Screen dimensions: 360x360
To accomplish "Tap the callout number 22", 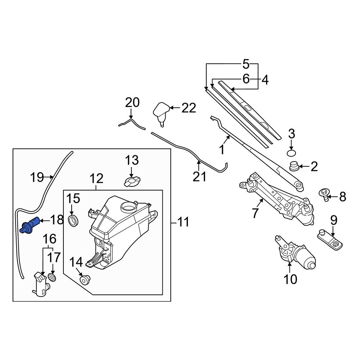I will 188,108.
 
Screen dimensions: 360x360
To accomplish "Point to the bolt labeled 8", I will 324,195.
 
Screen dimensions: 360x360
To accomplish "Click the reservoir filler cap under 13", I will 132,181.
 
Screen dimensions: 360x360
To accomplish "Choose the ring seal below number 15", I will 73,221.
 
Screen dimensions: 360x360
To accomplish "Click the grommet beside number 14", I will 85,279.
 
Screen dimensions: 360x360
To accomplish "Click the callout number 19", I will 37,177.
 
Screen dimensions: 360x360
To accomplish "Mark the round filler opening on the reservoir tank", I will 128,207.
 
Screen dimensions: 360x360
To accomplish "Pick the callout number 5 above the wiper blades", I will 246,64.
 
